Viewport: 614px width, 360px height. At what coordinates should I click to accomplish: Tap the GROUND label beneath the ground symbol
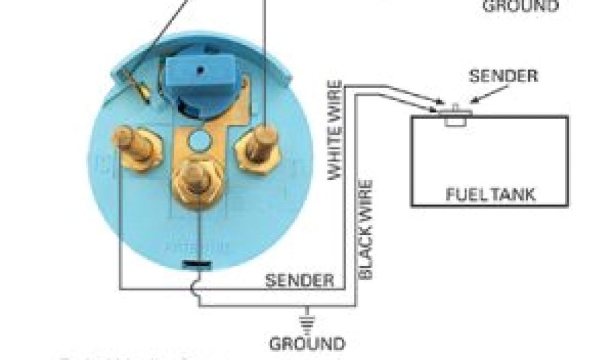(x=307, y=344)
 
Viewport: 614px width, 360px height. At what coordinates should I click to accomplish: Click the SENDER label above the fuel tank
(x=504, y=76)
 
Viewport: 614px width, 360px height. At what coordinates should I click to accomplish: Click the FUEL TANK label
(x=490, y=194)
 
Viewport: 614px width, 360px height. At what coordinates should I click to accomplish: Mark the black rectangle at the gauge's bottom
(x=196, y=264)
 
